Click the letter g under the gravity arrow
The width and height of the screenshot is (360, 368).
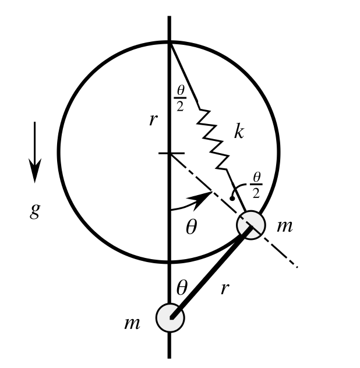tap(35, 211)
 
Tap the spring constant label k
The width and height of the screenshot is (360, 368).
tap(238, 132)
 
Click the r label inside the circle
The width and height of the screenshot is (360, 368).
tap(153, 120)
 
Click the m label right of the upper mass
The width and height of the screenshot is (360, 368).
tap(284, 226)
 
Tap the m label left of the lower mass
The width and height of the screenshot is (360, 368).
tap(132, 323)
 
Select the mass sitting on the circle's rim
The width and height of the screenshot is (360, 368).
tap(251, 224)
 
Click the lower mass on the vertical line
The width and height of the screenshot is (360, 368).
tap(170, 317)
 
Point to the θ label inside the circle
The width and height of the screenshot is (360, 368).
tap(191, 227)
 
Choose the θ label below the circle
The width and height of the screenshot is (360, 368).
tap(182, 286)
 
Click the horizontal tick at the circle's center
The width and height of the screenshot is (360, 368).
tap(170, 154)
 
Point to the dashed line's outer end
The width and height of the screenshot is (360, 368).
tap(297, 267)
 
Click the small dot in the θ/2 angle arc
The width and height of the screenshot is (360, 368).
tap(232, 199)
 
